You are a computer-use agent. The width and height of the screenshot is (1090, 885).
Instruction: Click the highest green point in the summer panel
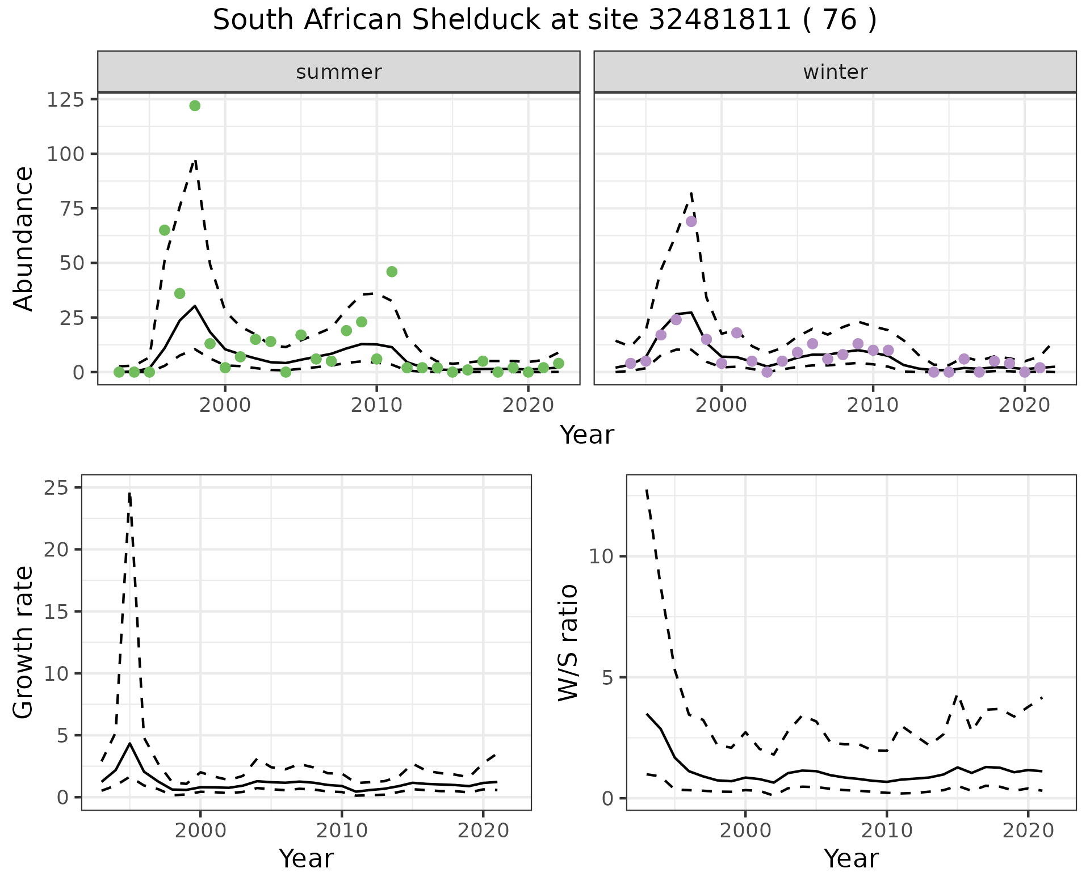[195, 106]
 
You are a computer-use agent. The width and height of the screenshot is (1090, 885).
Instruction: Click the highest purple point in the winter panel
[691, 221]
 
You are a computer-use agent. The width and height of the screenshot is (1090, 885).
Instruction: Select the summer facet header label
[339, 72]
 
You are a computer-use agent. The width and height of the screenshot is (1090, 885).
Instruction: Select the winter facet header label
[835, 72]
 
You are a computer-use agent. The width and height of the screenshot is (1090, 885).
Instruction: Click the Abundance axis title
[24, 238]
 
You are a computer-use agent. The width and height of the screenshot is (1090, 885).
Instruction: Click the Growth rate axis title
[24, 642]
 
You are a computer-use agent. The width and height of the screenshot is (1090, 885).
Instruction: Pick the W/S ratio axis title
[568, 642]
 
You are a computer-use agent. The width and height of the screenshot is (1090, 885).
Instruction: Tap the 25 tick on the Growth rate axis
[56, 488]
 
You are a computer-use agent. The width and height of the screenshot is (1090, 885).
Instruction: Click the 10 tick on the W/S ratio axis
[602, 557]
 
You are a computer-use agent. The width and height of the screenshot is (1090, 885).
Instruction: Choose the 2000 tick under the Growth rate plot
[200, 831]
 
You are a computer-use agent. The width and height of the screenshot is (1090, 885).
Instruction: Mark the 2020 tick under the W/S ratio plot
[1028, 831]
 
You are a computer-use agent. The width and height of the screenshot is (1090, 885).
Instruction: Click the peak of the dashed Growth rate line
[129, 494]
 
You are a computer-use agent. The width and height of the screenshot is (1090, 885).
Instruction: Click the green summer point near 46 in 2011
[392, 272]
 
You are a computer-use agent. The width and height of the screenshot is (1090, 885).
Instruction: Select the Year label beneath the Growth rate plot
[306, 858]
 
